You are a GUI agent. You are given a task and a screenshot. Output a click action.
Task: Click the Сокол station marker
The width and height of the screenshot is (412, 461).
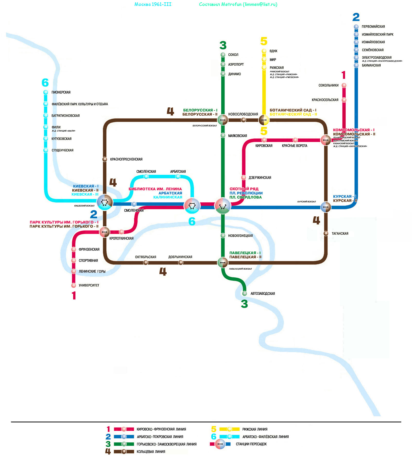(x=223, y=55)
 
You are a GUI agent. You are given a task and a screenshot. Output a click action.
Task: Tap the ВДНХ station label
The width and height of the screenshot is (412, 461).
(x=273, y=51)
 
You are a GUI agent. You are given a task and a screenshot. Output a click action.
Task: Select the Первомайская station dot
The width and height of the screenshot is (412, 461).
(x=356, y=27)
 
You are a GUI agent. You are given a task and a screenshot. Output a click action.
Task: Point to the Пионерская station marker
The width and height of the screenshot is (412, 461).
(x=46, y=92)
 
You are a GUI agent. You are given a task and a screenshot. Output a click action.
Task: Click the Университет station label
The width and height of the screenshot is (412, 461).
(x=89, y=285)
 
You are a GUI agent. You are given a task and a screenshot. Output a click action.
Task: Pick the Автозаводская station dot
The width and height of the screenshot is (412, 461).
(x=245, y=293)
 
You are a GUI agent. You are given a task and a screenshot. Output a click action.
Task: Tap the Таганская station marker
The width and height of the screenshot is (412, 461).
(x=326, y=233)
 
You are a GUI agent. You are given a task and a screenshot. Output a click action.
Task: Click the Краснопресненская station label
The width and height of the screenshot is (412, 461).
(x=126, y=159)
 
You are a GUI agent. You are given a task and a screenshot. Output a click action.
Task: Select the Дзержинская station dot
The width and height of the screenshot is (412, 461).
(x=244, y=177)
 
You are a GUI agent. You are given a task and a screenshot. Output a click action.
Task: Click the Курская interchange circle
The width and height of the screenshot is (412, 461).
(x=326, y=207)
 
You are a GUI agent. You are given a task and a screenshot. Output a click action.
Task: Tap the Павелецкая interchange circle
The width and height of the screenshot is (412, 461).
(x=223, y=262)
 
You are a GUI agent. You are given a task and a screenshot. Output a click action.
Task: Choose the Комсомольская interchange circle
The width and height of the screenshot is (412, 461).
(x=326, y=140)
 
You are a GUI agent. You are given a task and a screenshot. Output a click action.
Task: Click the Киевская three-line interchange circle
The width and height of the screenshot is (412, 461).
(x=105, y=202)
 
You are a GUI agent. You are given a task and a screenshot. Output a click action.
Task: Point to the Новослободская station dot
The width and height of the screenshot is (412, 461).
(x=243, y=120)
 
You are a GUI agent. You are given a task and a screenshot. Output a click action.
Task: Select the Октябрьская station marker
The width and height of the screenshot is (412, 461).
(x=146, y=262)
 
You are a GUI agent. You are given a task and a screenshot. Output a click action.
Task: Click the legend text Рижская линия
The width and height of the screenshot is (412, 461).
(x=255, y=429)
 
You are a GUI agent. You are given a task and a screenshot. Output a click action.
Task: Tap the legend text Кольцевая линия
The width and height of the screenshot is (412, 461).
(x=151, y=451)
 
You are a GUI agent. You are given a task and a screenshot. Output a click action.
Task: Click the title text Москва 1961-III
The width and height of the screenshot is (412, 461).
(x=153, y=4)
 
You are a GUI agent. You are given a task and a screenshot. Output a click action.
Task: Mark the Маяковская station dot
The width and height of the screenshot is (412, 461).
(x=223, y=135)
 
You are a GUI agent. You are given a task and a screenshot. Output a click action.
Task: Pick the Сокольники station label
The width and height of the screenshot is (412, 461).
(x=328, y=85)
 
